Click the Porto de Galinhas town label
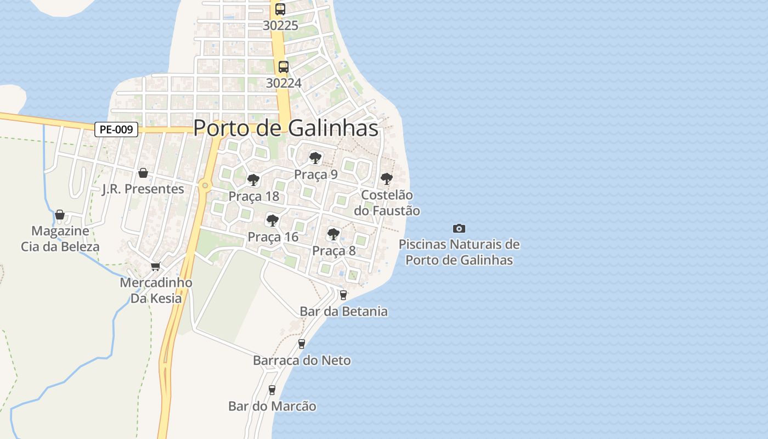pos(286,128)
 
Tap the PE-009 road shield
pos(116,130)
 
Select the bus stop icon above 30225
pos(280,9)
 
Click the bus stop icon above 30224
pos(283,67)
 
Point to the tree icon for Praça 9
pos(315,158)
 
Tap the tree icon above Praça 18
pos(253,179)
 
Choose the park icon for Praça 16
pos(272,221)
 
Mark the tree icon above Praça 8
pos(333,234)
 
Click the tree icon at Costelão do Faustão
pos(386,178)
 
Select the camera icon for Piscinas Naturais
pos(459,228)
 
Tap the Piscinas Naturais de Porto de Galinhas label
pos(459,252)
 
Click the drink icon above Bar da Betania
pos(343,295)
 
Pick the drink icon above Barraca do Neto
pos(301,344)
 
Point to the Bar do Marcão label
pos(272,407)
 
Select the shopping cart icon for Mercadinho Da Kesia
pos(155,266)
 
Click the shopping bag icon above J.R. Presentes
pos(143,173)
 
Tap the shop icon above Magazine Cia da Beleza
pos(60,215)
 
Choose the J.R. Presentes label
pos(143,189)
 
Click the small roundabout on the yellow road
pos(205,185)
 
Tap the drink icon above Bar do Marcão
pos(272,390)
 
